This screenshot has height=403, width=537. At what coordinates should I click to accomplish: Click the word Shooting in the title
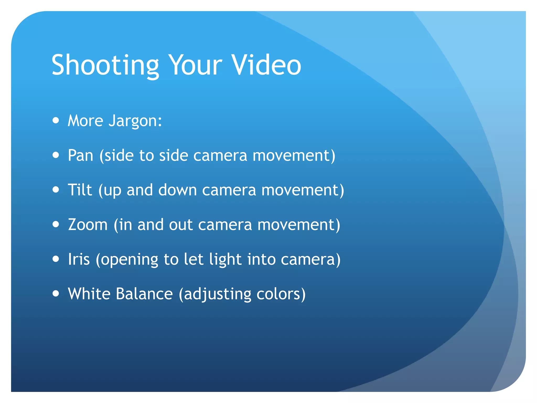(105, 65)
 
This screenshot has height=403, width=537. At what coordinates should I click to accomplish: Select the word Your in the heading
(195, 65)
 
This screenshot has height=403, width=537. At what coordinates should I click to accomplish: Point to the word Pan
(80, 155)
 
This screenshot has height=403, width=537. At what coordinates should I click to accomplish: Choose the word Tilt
(80, 190)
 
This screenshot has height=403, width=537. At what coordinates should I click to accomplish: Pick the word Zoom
(88, 225)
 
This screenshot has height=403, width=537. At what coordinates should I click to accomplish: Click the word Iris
(79, 259)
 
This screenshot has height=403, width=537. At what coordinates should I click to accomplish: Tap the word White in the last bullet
(89, 294)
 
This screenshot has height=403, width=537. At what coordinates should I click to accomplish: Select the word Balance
(144, 294)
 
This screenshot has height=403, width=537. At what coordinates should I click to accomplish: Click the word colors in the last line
(281, 294)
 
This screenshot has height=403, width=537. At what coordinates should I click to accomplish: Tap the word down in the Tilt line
(178, 190)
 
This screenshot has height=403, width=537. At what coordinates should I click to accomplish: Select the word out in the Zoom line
(181, 225)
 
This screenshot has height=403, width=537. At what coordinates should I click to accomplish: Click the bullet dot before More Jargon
(56, 120)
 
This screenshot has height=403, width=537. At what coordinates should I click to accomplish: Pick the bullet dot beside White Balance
(56, 293)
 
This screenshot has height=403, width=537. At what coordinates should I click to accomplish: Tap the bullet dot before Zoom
(56, 224)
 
